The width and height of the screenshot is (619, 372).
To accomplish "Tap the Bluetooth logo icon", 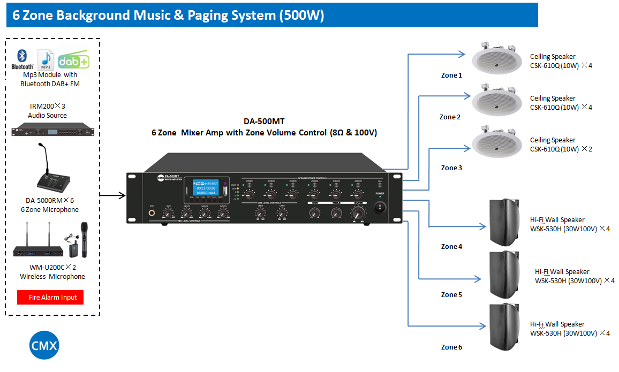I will tap(22, 59).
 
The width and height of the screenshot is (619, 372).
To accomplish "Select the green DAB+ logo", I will tap(73, 61).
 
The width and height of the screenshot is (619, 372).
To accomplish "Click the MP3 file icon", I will tap(46, 59).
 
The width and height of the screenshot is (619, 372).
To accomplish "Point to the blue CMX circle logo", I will tap(43, 345).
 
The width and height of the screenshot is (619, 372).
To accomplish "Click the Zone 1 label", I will tap(451, 75).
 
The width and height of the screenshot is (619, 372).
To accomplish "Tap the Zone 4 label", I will tap(451, 247).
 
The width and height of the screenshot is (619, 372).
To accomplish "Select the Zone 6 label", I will tap(451, 347).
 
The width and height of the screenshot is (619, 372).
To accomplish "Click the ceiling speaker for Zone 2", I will tap(496, 101).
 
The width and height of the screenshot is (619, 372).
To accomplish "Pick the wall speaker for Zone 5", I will tap(504, 274).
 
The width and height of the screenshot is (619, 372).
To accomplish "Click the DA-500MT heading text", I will tap(264, 121).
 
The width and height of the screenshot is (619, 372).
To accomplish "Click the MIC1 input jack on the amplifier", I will tap(153, 214).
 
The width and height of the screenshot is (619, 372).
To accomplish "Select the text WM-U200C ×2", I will tap(52, 267).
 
